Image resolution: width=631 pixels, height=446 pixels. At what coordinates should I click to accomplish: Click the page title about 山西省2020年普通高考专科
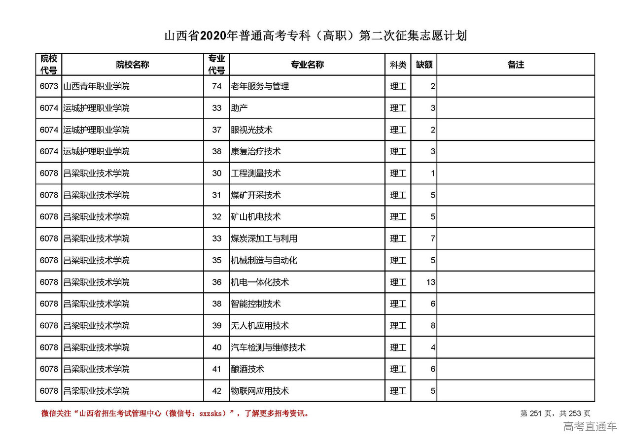coord(315,36)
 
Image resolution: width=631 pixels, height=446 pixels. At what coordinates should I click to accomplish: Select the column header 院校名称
coord(133,65)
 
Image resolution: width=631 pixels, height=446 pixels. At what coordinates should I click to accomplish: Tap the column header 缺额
coord(424,65)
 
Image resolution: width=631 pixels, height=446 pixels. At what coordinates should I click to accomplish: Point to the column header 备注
coord(516,65)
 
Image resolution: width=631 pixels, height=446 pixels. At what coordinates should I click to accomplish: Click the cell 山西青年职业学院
coord(96,86)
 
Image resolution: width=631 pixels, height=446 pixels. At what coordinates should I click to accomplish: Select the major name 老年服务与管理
coord(260,86)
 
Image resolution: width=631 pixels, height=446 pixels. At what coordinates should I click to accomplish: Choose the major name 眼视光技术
coord(251,130)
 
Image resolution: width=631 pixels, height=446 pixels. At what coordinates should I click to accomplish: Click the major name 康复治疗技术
coord(255,152)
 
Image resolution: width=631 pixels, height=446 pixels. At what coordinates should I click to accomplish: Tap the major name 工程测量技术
coord(255,173)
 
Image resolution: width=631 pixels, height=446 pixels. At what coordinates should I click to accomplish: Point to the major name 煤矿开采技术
coord(255,195)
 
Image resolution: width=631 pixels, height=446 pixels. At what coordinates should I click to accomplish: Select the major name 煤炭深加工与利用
coord(264,239)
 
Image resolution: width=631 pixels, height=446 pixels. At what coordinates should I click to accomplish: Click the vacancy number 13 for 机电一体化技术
coord(431,282)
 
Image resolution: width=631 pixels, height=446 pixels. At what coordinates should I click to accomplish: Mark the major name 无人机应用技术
coord(260,326)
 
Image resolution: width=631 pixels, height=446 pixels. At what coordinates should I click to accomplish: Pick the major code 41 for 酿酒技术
coord(217,369)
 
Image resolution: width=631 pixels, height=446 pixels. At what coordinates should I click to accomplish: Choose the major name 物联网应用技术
coord(260,391)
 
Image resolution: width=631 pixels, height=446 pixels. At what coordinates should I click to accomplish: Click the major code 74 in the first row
coord(217,86)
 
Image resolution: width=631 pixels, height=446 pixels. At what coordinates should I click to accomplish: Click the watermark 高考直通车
coord(590,427)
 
